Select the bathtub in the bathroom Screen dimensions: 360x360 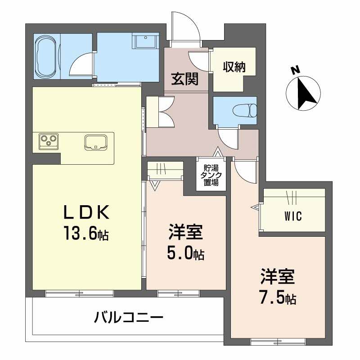pos(47,58)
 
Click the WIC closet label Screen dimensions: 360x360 pos(292,216)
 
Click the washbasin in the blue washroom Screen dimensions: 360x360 pos(145,42)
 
